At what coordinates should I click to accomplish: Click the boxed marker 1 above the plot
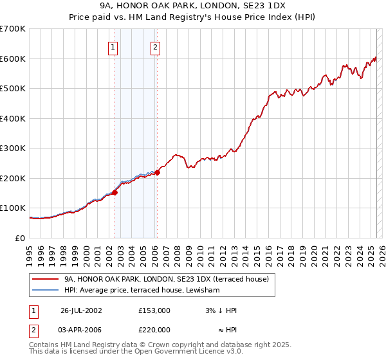click(113, 46)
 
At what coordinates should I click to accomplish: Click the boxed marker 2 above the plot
click(156, 46)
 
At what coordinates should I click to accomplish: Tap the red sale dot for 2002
click(115, 192)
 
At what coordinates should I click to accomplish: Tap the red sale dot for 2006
click(157, 172)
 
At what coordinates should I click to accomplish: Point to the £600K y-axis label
click(13, 59)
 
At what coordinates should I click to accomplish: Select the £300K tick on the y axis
click(13, 148)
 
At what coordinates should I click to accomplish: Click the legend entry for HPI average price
click(142, 291)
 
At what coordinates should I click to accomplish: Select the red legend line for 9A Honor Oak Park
click(45, 280)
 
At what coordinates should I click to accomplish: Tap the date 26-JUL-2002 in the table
click(81, 310)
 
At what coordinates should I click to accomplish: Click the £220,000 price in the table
click(154, 331)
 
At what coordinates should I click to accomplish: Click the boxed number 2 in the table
click(33, 331)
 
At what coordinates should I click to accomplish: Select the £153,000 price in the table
click(154, 310)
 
